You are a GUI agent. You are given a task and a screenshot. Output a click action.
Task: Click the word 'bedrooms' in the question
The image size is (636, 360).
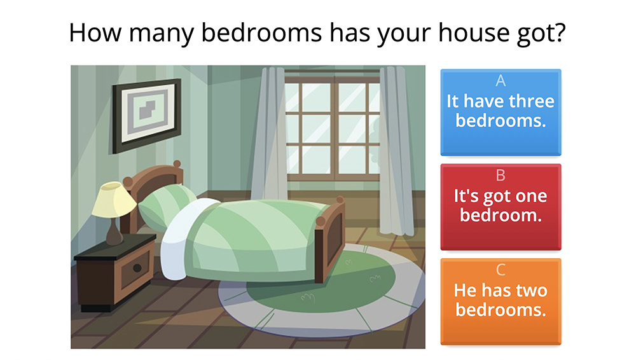tap(261, 32)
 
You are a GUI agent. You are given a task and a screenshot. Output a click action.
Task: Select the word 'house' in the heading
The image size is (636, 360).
tap(474, 32)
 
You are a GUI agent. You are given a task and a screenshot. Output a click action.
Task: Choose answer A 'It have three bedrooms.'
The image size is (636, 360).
tap(501, 113)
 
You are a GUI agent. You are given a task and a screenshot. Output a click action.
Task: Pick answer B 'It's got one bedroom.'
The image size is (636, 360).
tap(501, 207)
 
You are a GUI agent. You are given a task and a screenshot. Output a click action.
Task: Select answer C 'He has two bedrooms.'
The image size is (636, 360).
tap(501, 301)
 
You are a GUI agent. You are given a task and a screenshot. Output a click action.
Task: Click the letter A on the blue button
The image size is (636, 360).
tap(501, 81)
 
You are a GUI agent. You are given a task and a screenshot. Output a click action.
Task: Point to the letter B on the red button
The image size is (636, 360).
tap(501, 176)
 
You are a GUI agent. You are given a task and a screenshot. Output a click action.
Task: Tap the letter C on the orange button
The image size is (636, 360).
tap(501, 270)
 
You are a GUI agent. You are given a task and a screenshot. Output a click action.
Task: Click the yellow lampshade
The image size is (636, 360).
tap(114, 200)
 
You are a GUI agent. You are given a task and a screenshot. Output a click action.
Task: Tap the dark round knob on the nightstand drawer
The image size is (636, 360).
tap(137, 268)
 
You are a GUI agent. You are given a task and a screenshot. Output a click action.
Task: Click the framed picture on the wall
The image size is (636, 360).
tap(146, 116)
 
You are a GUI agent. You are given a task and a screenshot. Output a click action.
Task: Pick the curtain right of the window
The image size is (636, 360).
tap(396, 151)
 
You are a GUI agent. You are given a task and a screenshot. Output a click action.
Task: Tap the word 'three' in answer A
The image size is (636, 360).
tap(532, 101)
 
